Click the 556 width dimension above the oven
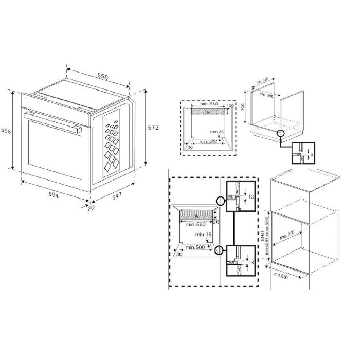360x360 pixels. pyautogui.click(x=103, y=76)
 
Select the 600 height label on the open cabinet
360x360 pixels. pyautogui.click(x=242, y=108)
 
